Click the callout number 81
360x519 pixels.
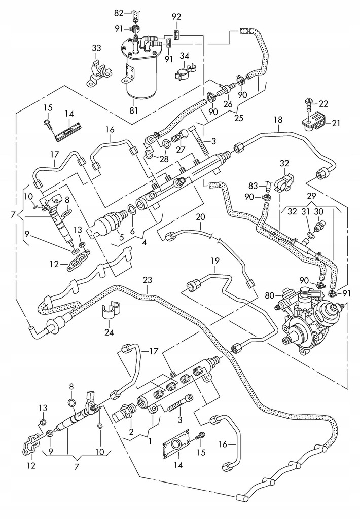tap(134, 110)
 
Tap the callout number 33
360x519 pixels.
tap(96, 48)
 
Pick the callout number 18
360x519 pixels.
tap(278, 120)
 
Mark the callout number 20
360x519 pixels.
tap(200, 217)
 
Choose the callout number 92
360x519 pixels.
tap(176, 17)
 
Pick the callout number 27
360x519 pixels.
tap(180, 150)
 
